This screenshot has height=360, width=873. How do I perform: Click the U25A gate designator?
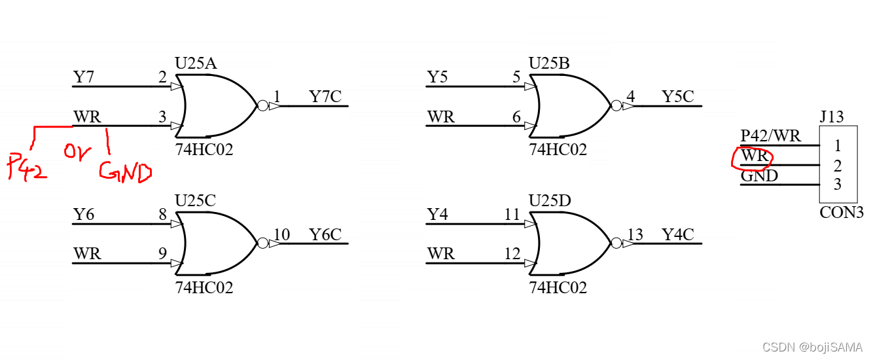196,63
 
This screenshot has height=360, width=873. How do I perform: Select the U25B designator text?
548,63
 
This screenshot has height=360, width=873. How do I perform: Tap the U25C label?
195,201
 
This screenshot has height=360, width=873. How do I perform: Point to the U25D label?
549,201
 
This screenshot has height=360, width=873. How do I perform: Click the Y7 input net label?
83,77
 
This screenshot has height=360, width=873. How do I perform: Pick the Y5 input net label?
437,77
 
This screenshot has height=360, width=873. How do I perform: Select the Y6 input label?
83,215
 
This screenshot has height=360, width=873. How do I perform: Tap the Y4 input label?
437,215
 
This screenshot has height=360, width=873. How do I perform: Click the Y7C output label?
325,97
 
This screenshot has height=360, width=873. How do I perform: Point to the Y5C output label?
677,97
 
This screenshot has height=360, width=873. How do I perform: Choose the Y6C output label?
325,234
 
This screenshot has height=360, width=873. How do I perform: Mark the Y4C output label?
677,234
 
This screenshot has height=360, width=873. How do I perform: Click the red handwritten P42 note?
27,168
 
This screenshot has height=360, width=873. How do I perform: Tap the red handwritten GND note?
125,171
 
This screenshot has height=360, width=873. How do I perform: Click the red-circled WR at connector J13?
754,157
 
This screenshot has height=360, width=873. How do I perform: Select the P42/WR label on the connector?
770,136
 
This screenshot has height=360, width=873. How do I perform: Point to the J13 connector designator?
831,118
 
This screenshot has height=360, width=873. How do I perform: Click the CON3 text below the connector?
841,213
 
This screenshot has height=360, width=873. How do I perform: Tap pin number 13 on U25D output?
635,234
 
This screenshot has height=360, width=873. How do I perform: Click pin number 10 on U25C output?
281,234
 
